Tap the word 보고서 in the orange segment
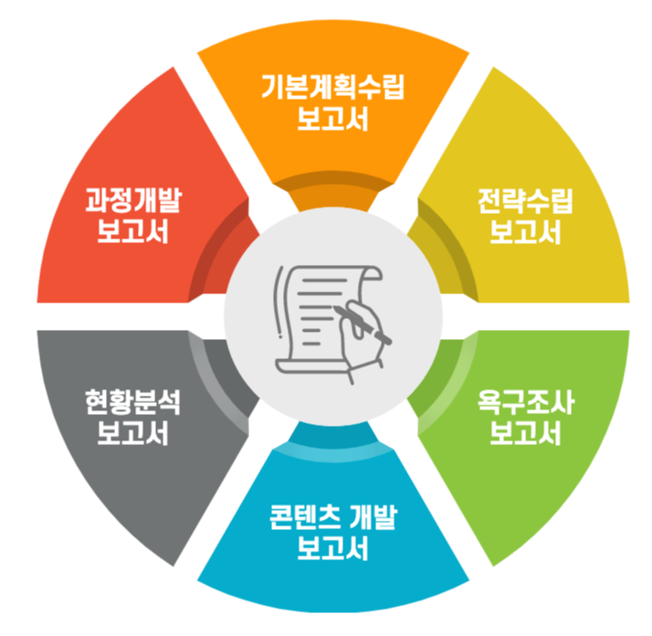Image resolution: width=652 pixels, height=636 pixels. point(332,120)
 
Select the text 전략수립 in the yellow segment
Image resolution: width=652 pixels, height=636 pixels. point(524,202)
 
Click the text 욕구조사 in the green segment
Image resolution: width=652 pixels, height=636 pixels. point(524,403)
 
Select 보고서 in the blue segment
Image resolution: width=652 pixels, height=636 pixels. point(332,549)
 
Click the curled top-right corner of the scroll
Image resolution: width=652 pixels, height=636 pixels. point(370,271)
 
